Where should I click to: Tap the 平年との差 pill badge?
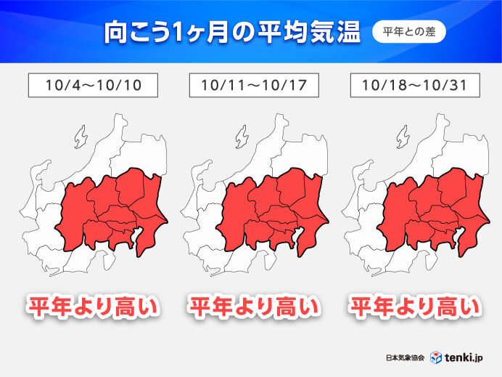tap(408, 33)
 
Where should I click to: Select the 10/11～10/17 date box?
tap(253, 85)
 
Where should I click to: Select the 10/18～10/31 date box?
tap(414, 85)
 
